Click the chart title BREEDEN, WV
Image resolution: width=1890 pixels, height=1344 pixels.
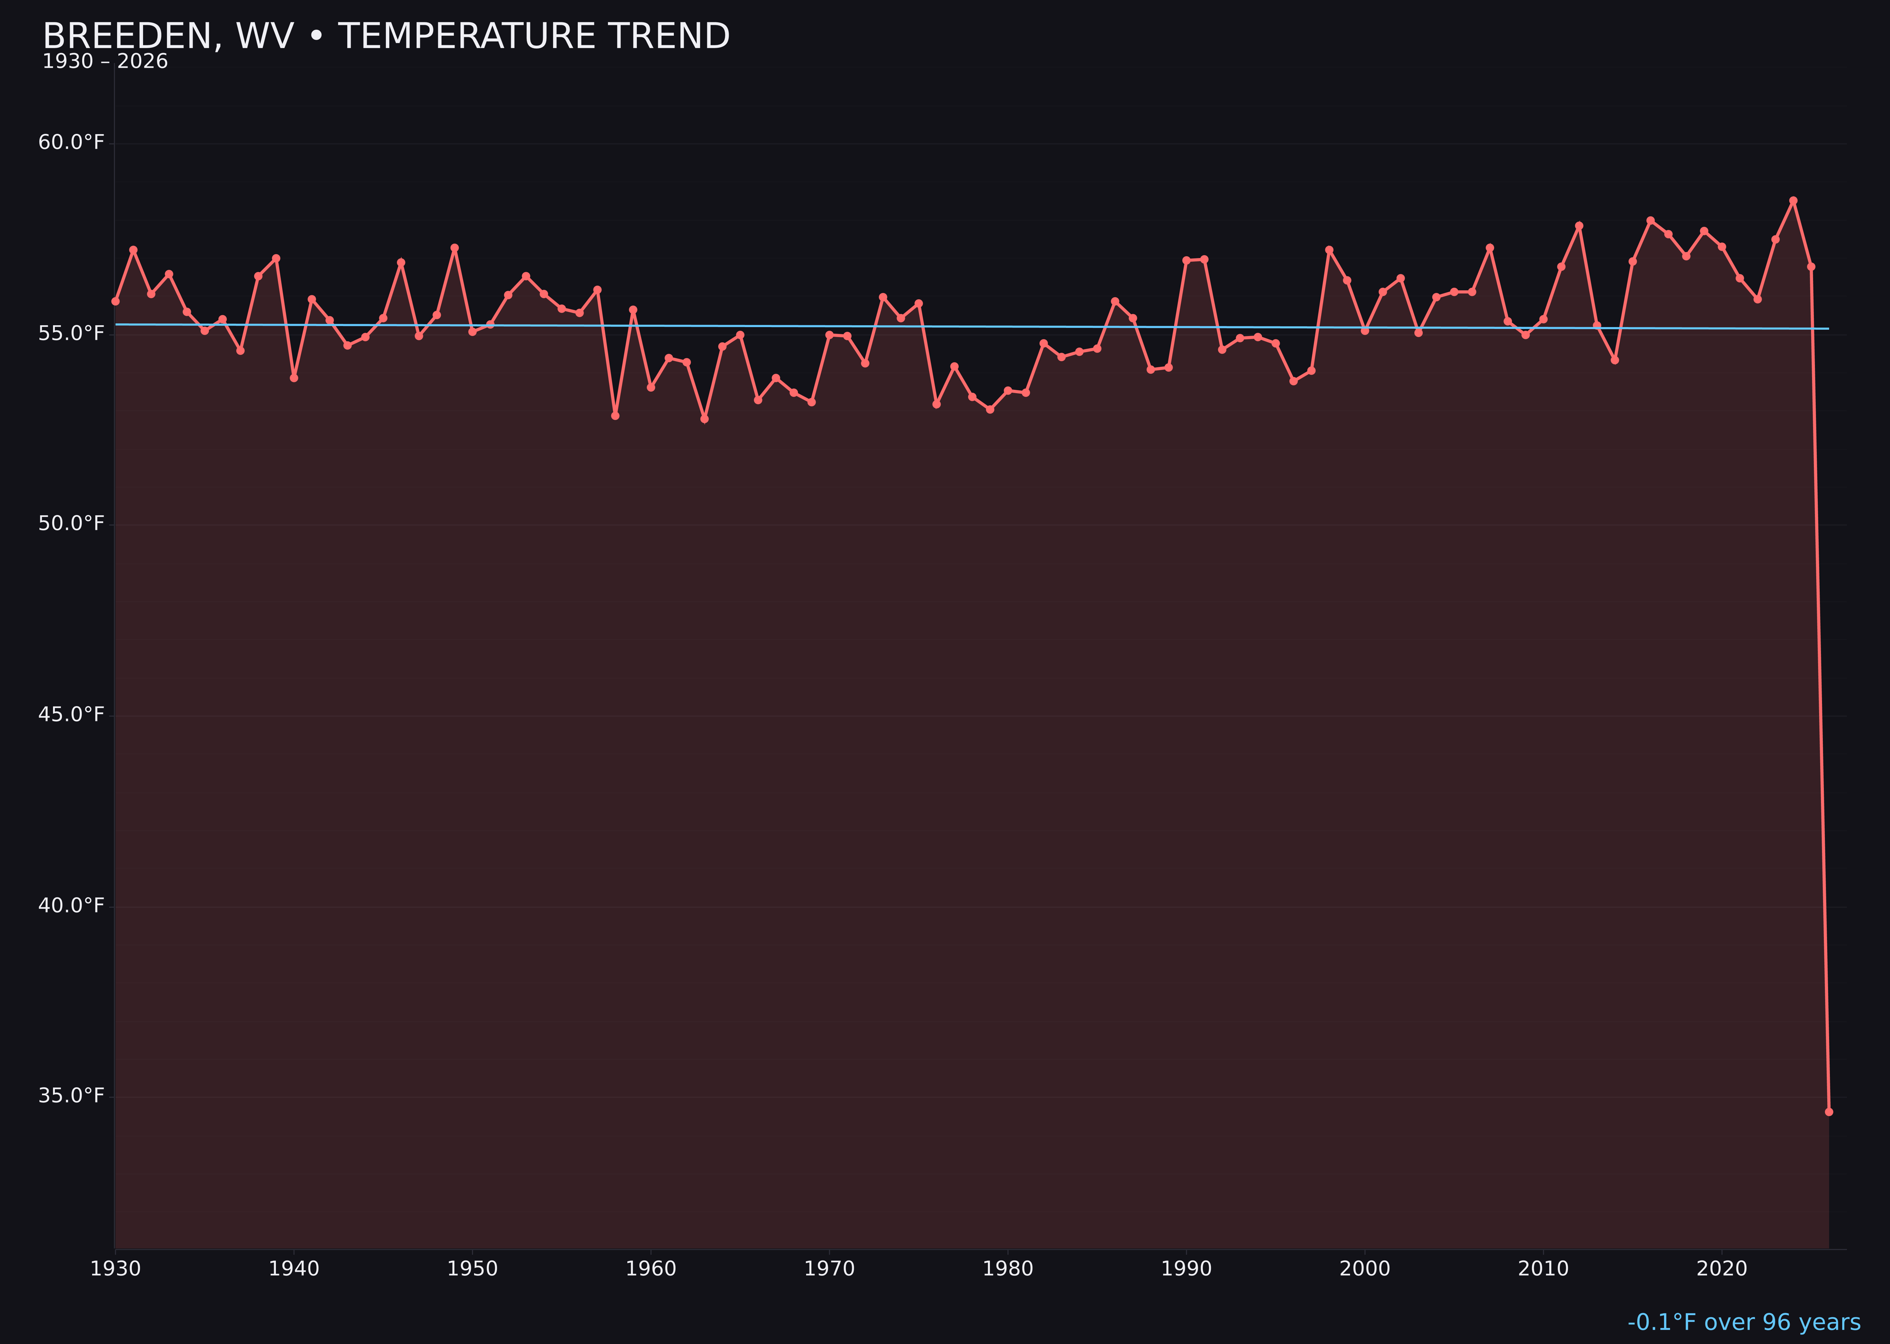coord(386,36)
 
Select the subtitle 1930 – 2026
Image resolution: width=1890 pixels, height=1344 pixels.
coord(105,62)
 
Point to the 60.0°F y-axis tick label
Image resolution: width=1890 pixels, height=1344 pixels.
coord(71,142)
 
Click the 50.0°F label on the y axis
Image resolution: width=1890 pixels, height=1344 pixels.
coord(71,524)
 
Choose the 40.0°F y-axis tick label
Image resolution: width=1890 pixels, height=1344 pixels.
coord(71,905)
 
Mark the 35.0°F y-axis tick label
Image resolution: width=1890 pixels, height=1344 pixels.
coord(71,1096)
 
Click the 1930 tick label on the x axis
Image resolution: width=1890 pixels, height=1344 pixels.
coord(115,1269)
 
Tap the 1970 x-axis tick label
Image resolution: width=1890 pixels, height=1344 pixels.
coord(829,1269)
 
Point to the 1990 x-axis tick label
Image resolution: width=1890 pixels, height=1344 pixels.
coord(1186,1269)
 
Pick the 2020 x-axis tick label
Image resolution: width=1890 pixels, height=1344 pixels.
coord(1722,1269)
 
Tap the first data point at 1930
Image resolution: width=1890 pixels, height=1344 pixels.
coord(115,301)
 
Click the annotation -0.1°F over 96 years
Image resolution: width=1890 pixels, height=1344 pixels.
coord(1744,1322)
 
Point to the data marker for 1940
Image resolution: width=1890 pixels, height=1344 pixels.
coord(294,378)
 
